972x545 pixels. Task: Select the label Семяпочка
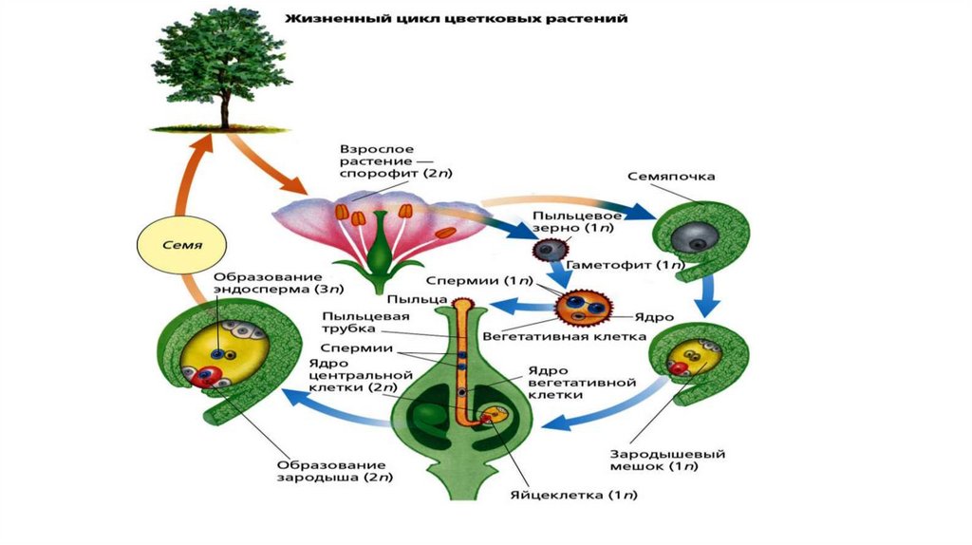[x=671, y=178]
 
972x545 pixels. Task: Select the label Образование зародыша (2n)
[x=334, y=471]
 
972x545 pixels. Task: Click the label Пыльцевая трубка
[x=352, y=322]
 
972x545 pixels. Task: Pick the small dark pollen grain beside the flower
[x=545, y=250]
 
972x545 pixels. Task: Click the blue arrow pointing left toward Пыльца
[x=520, y=305]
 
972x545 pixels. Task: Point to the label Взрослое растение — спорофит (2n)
[x=385, y=164]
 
